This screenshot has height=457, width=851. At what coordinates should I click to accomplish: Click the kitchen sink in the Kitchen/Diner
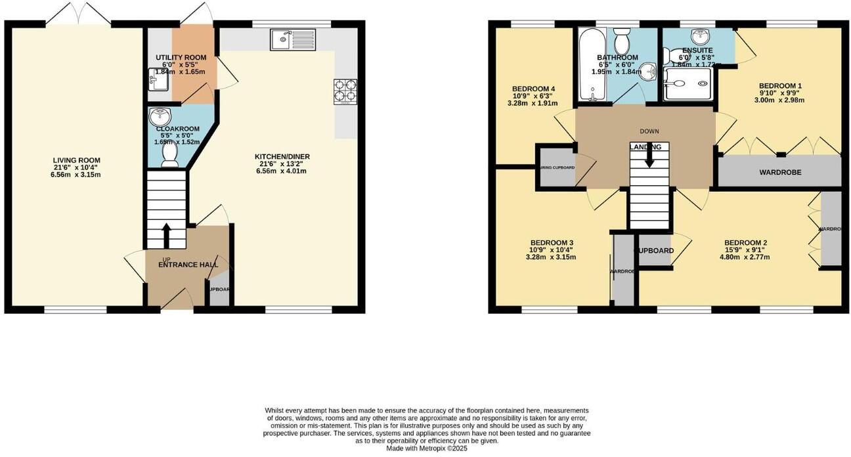point(292,39)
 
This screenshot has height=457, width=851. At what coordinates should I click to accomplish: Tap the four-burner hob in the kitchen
point(346,91)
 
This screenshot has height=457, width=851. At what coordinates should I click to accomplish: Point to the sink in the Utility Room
point(158,81)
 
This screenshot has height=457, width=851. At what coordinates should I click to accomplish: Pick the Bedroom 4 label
point(534,89)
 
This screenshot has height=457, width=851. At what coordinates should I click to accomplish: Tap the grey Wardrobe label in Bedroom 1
point(780,173)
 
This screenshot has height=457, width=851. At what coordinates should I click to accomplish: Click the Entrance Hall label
point(188,265)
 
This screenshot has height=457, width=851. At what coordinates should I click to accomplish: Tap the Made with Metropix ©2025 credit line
point(426,448)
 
